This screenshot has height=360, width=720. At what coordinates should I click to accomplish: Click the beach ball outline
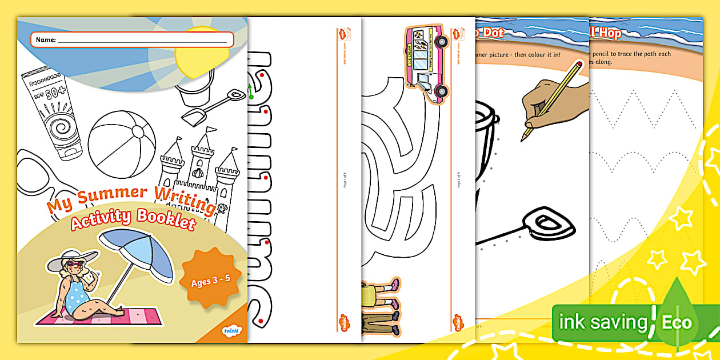[x=122, y=137]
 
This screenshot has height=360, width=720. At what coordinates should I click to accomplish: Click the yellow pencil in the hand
[x=552, y=100]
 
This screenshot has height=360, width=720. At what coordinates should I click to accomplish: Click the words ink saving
[x=602, y=322]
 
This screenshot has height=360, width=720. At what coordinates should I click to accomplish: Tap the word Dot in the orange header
[x=493, y=33]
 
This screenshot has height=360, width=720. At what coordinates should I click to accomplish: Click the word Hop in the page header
[x=609, y=33]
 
